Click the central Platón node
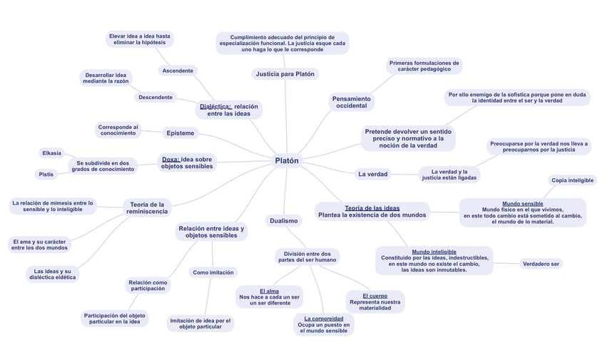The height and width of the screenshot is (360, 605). point(287,160)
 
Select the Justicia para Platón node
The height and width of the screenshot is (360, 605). point(285,74)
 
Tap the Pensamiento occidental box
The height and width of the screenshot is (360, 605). point(351,102)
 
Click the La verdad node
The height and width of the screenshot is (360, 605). point(372,174)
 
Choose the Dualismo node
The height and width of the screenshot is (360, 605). point(284,221)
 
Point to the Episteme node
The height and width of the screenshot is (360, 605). point(180,133)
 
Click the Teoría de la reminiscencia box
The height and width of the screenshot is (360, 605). point(147,207)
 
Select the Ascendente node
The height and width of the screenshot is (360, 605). point(178,71)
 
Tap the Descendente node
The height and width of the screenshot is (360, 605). point(156,97)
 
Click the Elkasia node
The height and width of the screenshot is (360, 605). point(51,153)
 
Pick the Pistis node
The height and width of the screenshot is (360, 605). point(46,174)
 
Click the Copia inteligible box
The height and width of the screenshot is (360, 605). point(572,180)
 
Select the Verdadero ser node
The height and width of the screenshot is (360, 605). point(542,264)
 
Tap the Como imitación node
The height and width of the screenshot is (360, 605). point(213,272)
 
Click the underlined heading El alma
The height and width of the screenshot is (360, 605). point(269,291)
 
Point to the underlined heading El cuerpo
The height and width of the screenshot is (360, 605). point(375,295)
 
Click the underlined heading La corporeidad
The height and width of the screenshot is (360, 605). point(323,319)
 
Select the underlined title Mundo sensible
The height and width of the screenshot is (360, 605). point(522,204)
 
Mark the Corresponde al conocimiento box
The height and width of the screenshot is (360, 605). point(118,130)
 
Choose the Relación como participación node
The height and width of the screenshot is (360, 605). point(148,285)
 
